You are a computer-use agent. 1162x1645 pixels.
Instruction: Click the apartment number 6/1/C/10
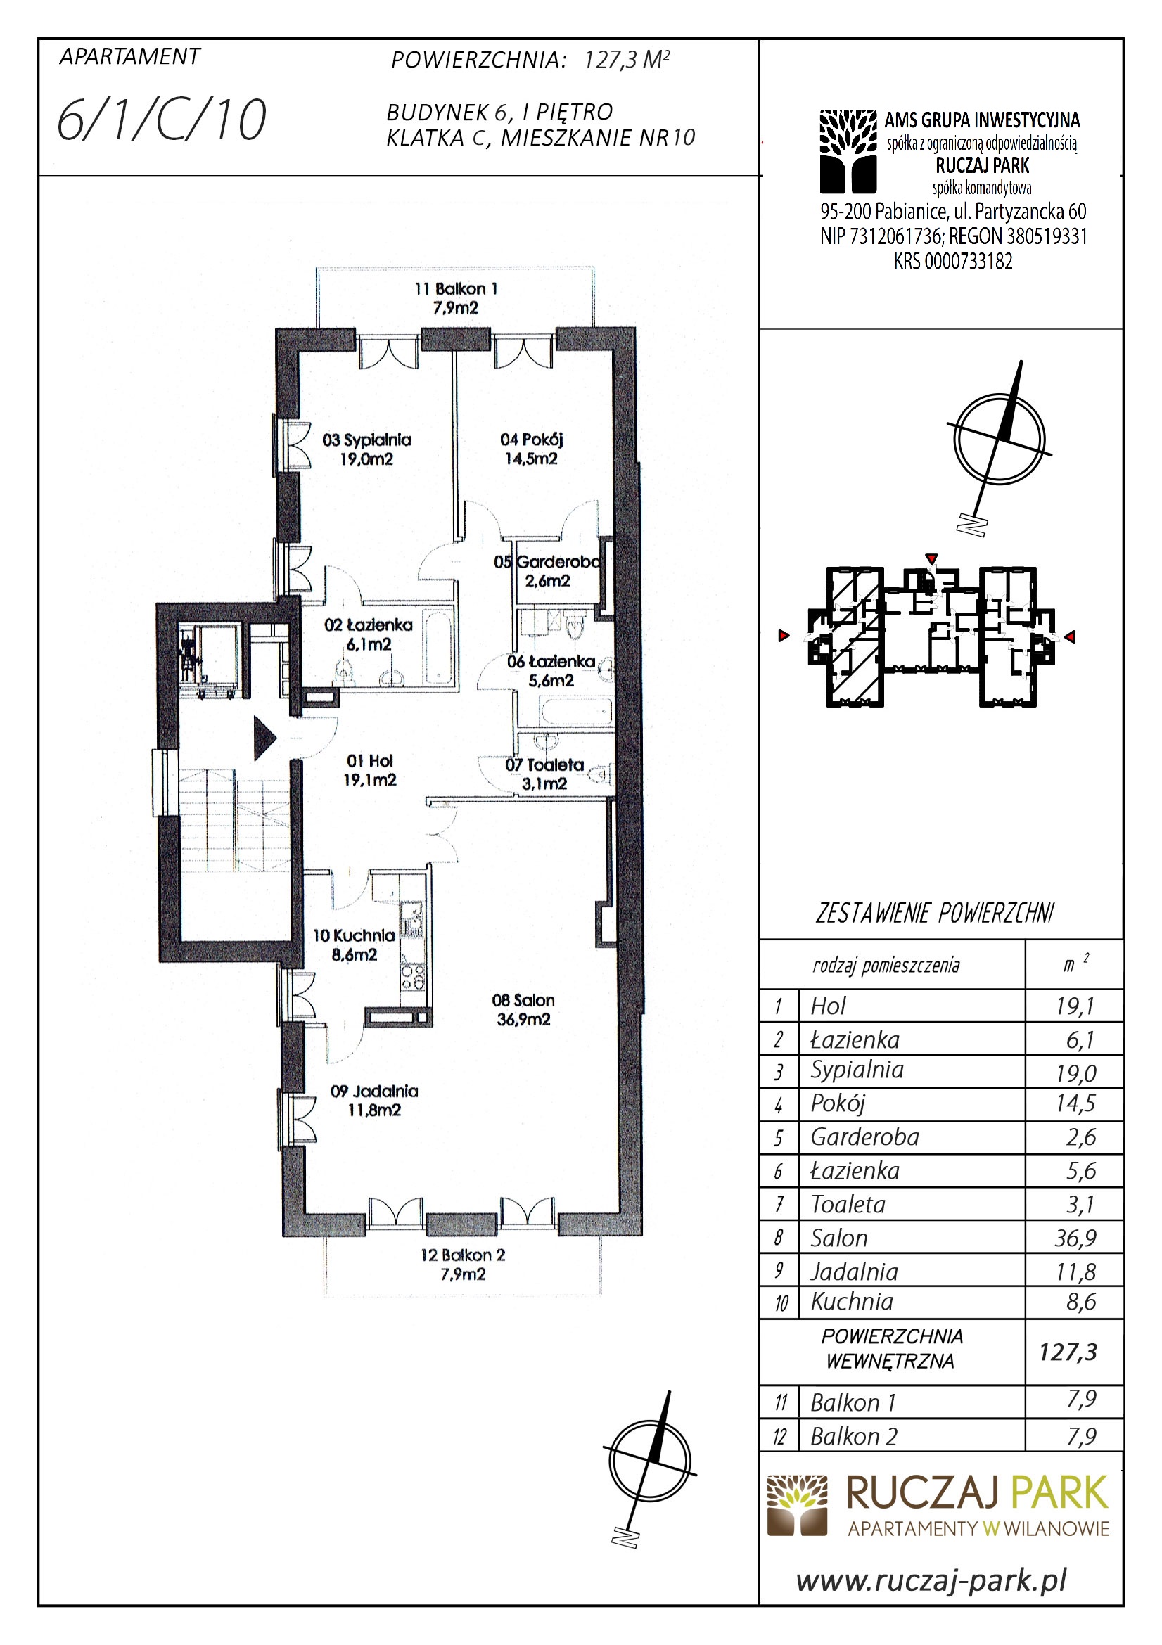coord(162,120)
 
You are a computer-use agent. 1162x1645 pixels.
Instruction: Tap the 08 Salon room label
coord(523,1009)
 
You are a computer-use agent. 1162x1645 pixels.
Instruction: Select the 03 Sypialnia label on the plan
coord(366,449)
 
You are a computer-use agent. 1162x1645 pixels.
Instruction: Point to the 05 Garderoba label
coord(547,571)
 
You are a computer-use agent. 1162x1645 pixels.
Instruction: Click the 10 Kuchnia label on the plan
coord(354,945)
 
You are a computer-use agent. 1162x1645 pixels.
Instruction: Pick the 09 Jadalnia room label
coord(374,1101)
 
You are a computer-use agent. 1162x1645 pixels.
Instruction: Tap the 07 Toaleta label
coord(544,774)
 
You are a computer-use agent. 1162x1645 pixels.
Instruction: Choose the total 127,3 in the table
coord(1068,1352)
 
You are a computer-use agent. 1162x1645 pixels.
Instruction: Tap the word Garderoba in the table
coord(864,1137)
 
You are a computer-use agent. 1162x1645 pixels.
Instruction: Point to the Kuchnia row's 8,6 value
coord(1081,1301)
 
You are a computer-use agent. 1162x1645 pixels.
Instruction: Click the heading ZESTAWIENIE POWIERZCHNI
coord(935,914)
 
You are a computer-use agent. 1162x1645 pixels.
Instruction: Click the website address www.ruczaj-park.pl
coord(931,1580)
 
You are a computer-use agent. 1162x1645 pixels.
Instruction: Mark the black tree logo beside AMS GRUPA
coord(848,152)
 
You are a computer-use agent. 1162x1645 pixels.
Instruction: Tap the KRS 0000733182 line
coord(953,262)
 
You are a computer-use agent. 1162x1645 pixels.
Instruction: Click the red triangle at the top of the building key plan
coord(931,558)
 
